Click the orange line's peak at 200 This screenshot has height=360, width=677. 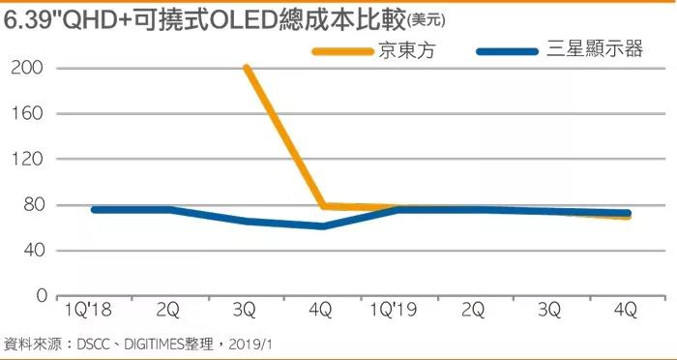(247, 68)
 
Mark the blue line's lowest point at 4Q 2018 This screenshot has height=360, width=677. (322, 225)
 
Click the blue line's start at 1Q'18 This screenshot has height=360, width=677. (94, 209)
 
